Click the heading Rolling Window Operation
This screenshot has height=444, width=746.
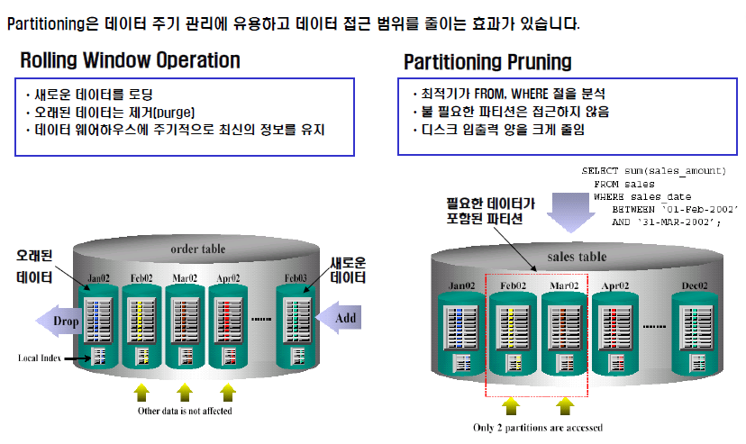pyautogui.click(x=130, y=60)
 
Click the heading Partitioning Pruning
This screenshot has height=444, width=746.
pyautogui.click(x=487, y=61)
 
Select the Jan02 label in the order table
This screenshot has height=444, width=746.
pyautogui.click(x=99, y=279)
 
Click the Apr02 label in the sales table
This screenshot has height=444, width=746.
pyautogui.click(x=614, y=285)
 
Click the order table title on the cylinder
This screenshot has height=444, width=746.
pyautogui.click(x=198, y=249)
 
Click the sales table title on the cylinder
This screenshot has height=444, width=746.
pyautogui.click(x=577, y=257)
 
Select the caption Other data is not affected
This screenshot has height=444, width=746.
pyautogui.click(x=185, y=411)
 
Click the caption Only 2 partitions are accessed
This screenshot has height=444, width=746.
pyautogui.click(x=538, y=427)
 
